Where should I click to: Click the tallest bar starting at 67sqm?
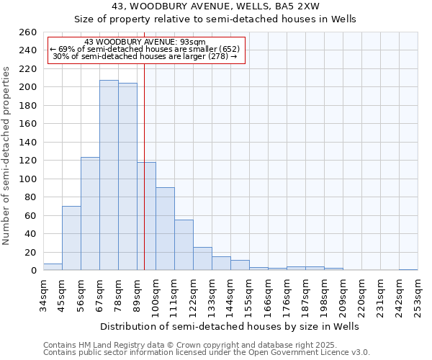pyautogui.click(x=109, y=175)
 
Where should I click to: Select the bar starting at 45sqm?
pyautogui.click(x=71, y=238)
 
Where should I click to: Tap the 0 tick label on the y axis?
pyautogui.click(x=33, y=271)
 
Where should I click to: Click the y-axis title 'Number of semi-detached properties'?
pyautogui.click(x=7, y=156)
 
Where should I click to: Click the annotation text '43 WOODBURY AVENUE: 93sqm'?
pyautogui.click(x=145, y=42)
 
